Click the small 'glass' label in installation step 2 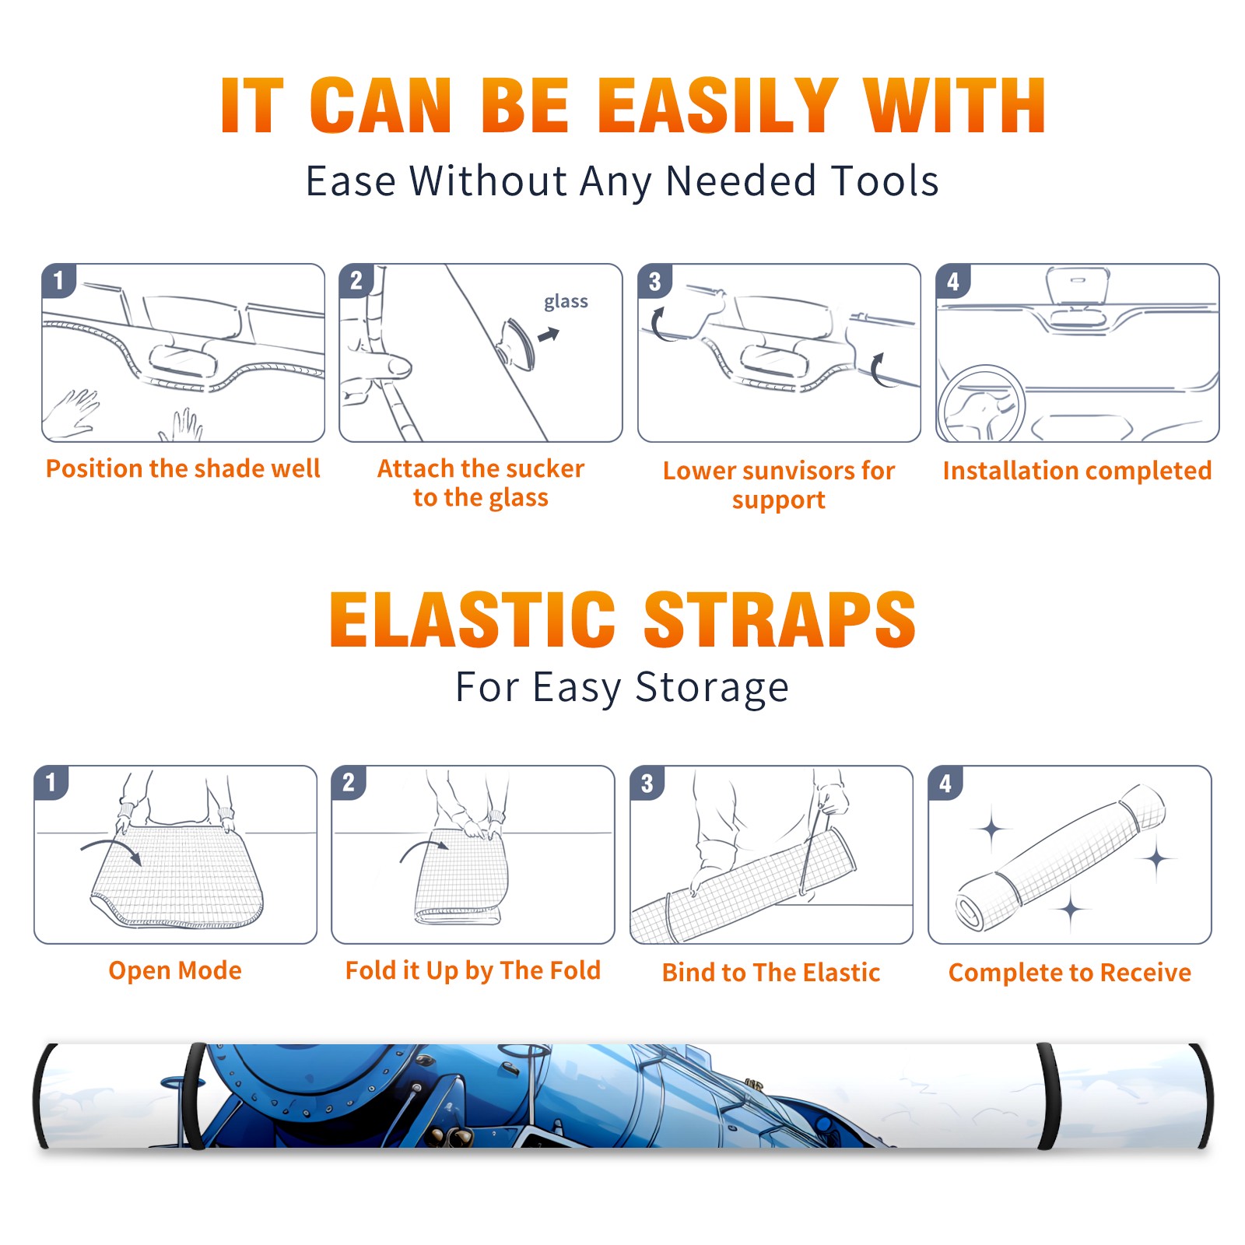click(566, 302)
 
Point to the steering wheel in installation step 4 click(980, 404)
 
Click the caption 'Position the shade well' click(183, 468)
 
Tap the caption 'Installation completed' click(1077, 471)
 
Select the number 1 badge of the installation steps click(58, 280)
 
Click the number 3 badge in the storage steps click(647, 783)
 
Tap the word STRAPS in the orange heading click(780, 619)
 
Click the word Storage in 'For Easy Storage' click(712, 688)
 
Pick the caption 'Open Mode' click(175, 970)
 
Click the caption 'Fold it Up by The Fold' click(473, 971)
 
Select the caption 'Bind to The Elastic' click(771, 973)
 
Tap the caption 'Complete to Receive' click(1070, 973)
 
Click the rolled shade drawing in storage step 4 click(1061, 858)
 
